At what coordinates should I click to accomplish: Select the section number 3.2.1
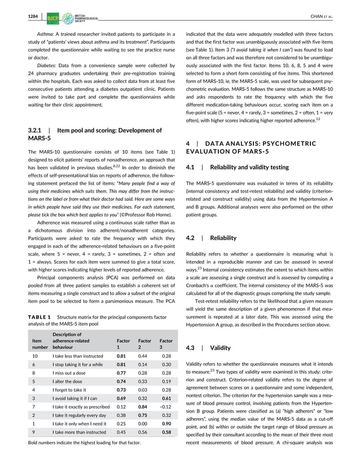37,131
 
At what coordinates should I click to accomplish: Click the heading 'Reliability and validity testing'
249,167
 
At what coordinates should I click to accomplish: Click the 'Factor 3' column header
166,344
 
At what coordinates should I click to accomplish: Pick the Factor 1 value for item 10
121,356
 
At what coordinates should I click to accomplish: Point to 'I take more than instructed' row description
79,433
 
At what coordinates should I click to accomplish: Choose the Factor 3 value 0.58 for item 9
166,433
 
